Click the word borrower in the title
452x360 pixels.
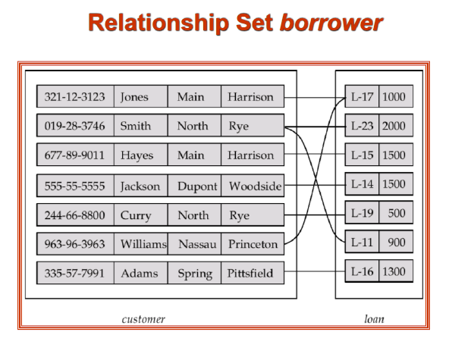coord(331,23)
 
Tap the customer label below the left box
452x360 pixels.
coord(143,319)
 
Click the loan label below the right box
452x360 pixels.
coord(374,319)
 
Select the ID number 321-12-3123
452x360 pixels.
coord(75,97)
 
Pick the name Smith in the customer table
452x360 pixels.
coord(136,126)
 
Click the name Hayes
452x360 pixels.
coord(137,155)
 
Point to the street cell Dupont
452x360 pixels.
coord(197,186)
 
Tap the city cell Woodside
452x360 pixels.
coord(255,186)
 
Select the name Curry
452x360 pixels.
coord(136,215)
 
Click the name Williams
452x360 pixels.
coord(143,244)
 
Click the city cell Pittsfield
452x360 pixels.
coord(251,272)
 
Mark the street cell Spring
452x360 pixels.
coord(195,272)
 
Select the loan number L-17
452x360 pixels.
coord(362,97)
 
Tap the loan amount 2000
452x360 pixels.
coord(394,126)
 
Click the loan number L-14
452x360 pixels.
coord(362,184)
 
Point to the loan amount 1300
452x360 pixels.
coord(394,271)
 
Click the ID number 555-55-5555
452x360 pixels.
coord(75,186)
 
